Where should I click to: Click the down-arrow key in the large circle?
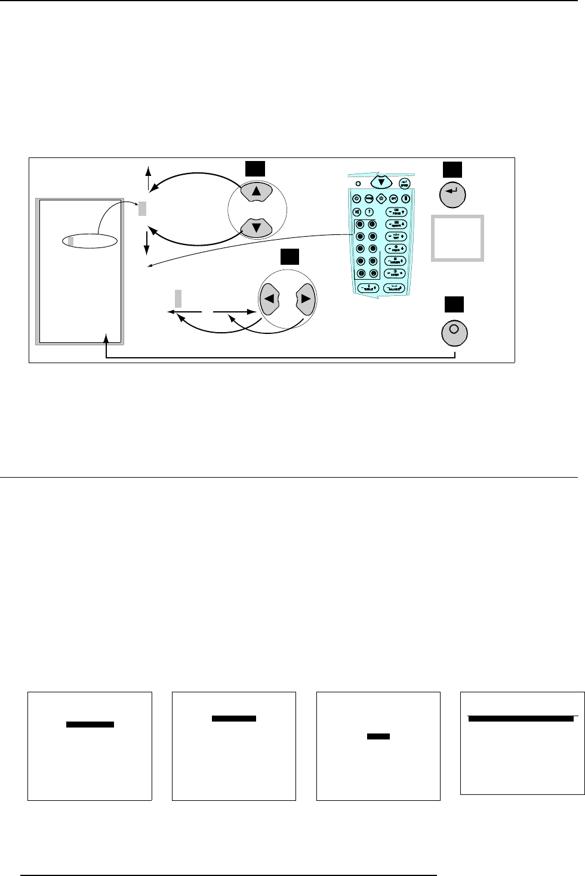[257, 227]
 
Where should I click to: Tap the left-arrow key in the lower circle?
[270, 299]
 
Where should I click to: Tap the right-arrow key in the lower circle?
[305, 299]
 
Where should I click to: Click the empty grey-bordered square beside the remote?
[457, 239]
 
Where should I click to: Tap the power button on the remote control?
[356, 199]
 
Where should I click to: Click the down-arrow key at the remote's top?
[381, 181]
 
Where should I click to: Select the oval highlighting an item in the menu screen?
[89, 241]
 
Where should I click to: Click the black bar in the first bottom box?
[90, 725]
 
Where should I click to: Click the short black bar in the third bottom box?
[378, 736]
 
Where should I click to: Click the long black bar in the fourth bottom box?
[521, 719]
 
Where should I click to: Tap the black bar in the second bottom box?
[234, 719]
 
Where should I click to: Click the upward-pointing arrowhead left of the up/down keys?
[149, 169]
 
